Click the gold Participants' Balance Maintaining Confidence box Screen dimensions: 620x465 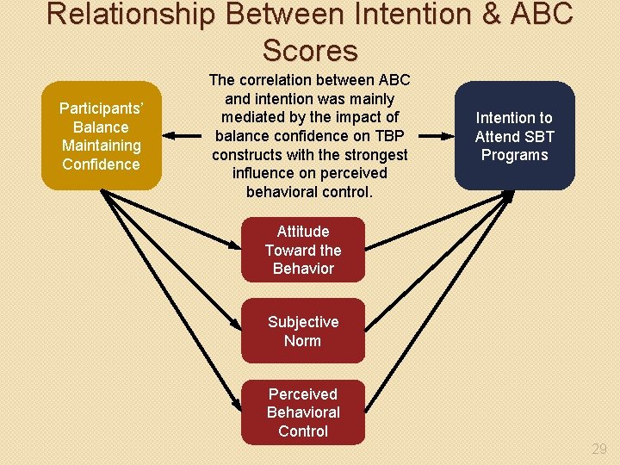pos(101,135)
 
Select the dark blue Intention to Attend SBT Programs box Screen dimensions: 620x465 pos(514,135)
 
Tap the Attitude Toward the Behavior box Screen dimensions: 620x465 pos(303,250)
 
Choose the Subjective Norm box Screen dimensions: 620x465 pos(303,331)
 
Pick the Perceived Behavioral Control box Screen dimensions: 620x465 pos(303,412)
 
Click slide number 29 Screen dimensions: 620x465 pos(599,449)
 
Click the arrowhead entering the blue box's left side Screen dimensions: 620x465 pos(449,135)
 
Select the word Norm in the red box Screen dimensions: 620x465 pos(303,341)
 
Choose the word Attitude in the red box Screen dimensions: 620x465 pos(303,232)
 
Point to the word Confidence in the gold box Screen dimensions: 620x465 pos(101,164)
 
